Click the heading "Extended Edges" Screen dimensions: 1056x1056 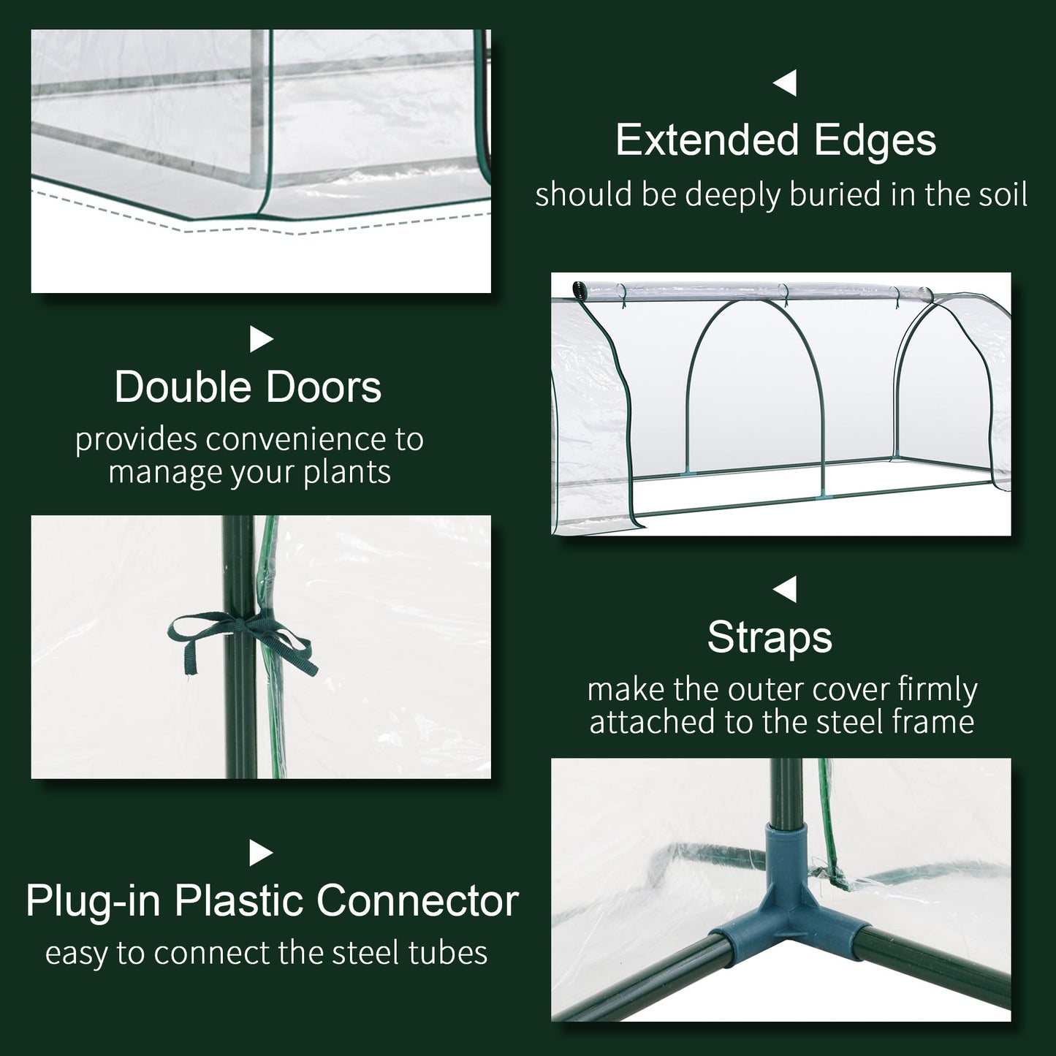[775, 140]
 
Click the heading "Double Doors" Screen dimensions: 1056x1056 [248, 387]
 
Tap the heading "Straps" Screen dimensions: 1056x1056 [770, 637]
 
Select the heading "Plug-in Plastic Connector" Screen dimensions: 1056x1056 [272, 900]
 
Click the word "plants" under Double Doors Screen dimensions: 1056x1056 [347, 472]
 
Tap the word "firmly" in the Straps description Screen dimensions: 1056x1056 [937, 690]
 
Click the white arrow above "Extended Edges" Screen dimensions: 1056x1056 [785, 83]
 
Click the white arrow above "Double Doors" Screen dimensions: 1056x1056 [261, 339]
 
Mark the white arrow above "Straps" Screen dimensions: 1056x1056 [785, 589]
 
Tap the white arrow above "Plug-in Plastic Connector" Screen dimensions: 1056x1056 [261, 853]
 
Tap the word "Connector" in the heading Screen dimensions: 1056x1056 [417, 900]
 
